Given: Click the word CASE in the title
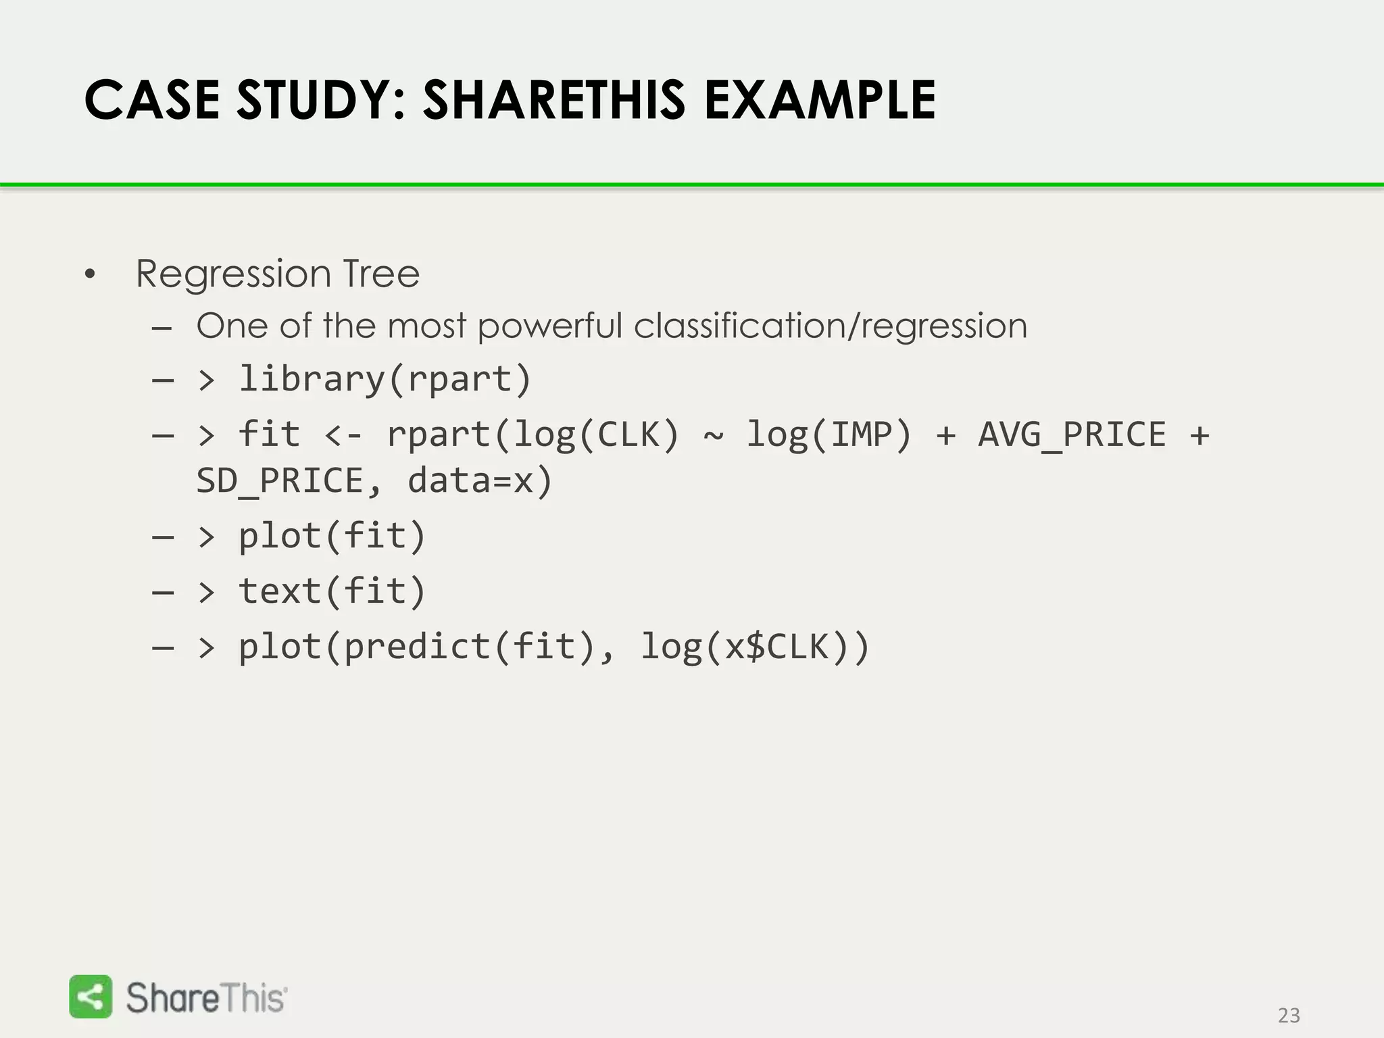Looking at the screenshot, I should [x=152, y=100].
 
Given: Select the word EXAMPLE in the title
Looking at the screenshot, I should [x=819, y=100].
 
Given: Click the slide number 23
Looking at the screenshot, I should [x=1289, y=1016].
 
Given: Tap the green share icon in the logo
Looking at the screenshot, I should [x=91, y=996].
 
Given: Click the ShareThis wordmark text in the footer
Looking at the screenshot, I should [x=206, y=997].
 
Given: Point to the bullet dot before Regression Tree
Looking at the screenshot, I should [x=91, y=275].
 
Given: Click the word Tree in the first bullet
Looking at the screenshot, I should [x=381, y=274].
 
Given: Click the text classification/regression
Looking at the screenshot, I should [x=830, y=326].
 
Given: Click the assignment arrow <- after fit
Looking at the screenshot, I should [x=343, y=435].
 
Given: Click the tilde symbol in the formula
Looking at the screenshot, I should [x=713, y=435].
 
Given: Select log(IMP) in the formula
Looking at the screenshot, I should [x=829, y=435].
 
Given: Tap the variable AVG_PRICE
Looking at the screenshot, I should [x=1072, y=435].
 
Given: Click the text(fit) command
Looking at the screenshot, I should [x=331, y=591].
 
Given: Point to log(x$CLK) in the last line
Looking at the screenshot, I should [x=754, y=647].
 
